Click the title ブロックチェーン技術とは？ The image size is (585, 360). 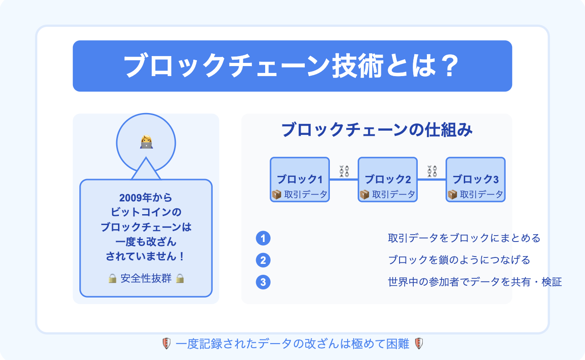point(291,66)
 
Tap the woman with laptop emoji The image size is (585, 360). point(146,142)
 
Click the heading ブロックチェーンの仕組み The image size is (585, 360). point(377,129)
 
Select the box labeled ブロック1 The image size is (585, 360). point(300,180)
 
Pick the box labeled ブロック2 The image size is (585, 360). point(388,180)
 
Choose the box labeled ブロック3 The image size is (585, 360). point(476,180)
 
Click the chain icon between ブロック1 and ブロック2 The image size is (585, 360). point(344,171)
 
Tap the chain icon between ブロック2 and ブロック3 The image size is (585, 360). point(432,171)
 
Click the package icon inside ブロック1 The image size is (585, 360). point(277,195)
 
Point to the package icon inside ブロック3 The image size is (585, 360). point(452,195)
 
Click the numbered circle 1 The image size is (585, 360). point(263,238)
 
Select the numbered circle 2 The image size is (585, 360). point(263,260)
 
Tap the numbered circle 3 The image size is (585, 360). point(263,282)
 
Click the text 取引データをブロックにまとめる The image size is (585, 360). point(464,238)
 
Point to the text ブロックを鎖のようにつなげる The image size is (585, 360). point(459,260)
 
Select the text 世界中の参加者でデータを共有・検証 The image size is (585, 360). point(475,282)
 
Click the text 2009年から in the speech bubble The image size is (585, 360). point(146,198)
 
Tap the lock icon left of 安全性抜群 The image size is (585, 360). point(112,278)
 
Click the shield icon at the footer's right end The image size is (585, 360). point(419,344)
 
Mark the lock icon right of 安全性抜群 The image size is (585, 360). point(180,278)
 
